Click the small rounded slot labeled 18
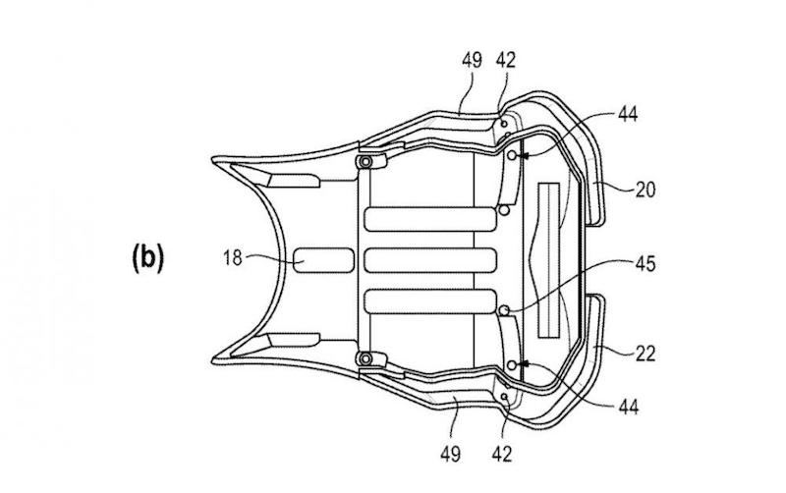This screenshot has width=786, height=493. coord(324,259)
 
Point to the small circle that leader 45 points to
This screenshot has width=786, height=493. coord(506,311)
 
